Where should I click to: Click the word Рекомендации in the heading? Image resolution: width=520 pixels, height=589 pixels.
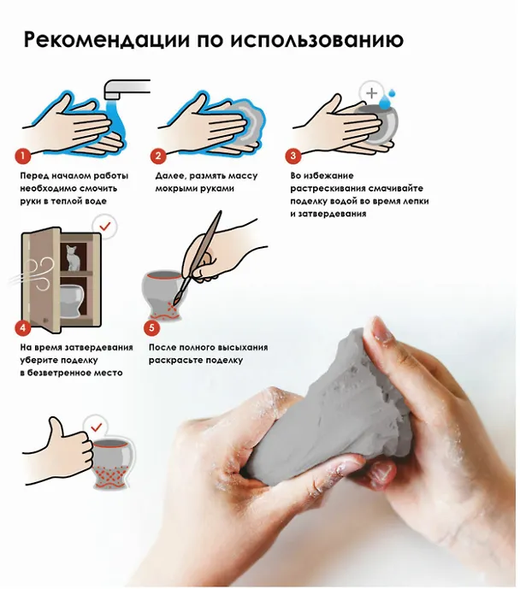coord(106,39)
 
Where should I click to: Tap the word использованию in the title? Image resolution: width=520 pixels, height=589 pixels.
coord(317,39)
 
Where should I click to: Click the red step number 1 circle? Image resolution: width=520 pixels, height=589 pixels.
coord(23,156)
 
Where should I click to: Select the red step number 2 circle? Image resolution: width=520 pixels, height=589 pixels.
coord(158,156)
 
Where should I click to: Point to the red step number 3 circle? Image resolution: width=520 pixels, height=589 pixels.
coord(293,156)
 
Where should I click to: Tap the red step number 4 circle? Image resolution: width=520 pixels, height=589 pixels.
coord(23,327)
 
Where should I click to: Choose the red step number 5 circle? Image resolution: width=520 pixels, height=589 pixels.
coord(151,327)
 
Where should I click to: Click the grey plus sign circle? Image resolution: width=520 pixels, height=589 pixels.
coord(371,93)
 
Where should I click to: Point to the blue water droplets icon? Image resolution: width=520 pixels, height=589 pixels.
coord(387,98)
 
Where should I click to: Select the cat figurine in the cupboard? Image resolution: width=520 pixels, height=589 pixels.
coord(74,257)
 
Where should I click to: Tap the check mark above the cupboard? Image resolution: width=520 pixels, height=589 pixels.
coord(105,227)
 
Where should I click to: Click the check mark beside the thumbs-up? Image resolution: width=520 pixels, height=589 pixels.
coord(97,427)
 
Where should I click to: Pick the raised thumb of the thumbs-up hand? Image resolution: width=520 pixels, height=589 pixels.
coord(57,427)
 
